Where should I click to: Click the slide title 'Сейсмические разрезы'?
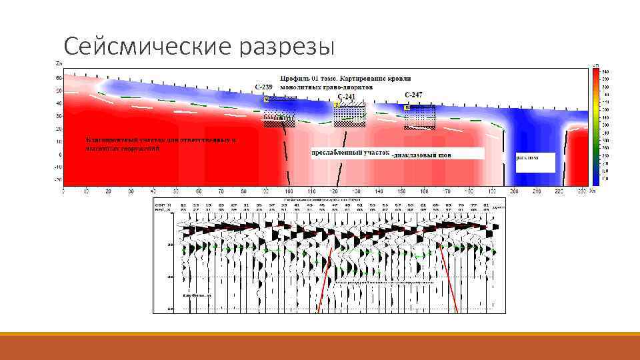coord(197,46)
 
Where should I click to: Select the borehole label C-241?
coord(347,97)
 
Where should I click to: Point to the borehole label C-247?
coord(413,94)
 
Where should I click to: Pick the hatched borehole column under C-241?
coord(350,113)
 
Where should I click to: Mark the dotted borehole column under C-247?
coord(419,117)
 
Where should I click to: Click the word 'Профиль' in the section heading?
coord(297,79)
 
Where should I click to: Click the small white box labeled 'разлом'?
coord(535,162)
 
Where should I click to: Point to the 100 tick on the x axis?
coord(288,191)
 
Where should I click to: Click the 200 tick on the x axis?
coord(514,191)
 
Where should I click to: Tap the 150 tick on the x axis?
coord(401,191)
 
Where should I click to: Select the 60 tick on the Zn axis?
coord(58,78)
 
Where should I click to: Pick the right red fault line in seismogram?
coord(448,280)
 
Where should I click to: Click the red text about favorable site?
coord(160,144)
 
